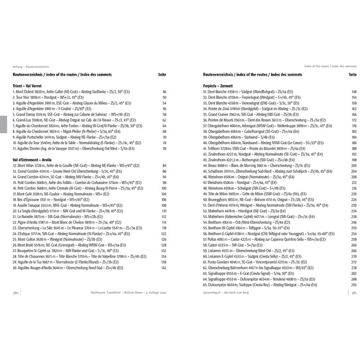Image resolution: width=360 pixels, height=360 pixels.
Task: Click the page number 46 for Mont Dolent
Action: [x=164, y=91]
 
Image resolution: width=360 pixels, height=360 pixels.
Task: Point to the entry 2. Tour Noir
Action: [x=49, y=97]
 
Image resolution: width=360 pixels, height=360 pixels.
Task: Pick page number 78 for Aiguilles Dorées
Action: [x=164, y=148]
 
